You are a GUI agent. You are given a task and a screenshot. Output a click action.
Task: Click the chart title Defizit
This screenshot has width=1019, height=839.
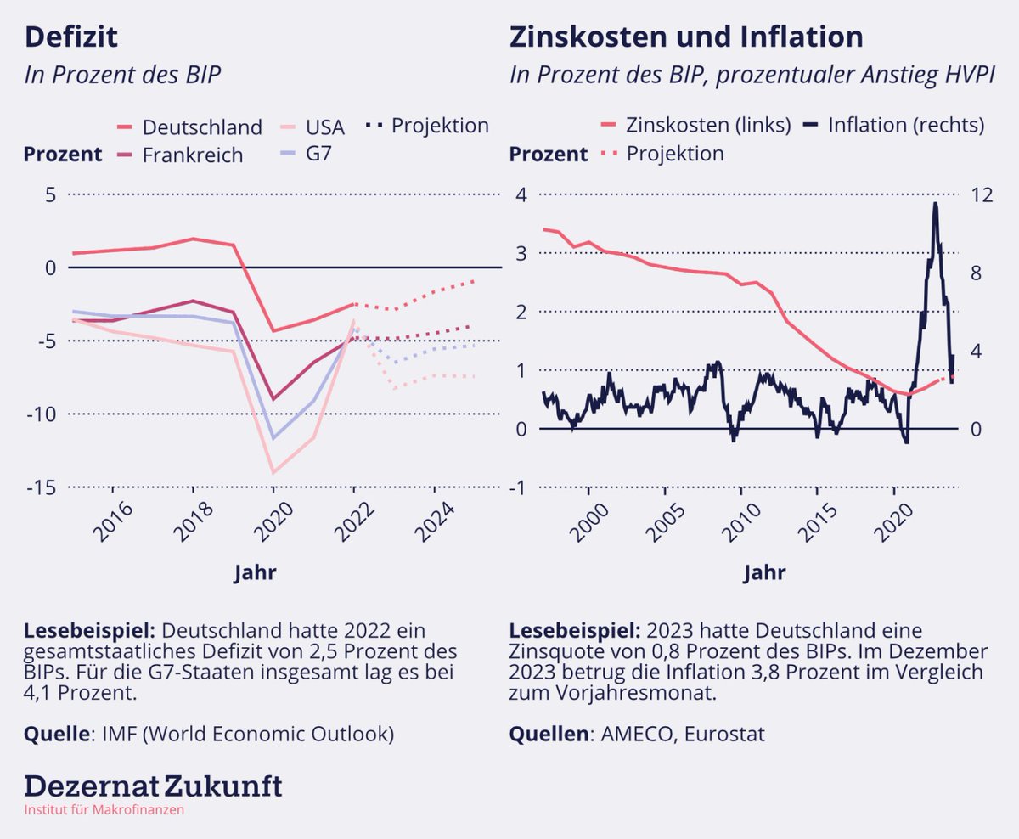point(71,37)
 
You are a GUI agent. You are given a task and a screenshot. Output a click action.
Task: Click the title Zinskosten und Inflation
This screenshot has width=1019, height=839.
point(686,37)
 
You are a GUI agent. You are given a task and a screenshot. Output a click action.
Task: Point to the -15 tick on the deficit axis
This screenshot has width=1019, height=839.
point(41,487)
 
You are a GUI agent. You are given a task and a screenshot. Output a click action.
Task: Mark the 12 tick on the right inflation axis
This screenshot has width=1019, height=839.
point(982,194)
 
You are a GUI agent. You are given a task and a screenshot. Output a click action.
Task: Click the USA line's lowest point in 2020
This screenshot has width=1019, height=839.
point(273,472)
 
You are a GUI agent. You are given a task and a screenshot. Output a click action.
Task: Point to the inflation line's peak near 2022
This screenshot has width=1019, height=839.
point(935,204)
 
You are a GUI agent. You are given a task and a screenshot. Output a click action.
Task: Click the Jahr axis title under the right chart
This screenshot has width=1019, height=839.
point(764,573)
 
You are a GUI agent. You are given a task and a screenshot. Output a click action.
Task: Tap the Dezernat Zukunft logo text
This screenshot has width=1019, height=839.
point(153,786)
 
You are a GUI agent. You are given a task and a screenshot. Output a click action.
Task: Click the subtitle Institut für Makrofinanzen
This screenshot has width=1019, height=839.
point(104,809)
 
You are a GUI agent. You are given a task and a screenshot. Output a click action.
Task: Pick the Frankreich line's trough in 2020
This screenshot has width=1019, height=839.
point(273,399)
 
